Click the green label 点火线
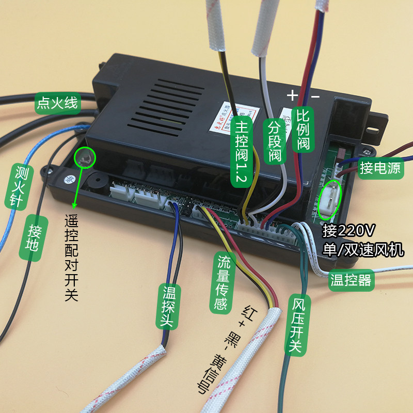point(57,103)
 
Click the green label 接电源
point(380,168)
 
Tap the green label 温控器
point(351,281)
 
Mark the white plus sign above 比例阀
point(292,95)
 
